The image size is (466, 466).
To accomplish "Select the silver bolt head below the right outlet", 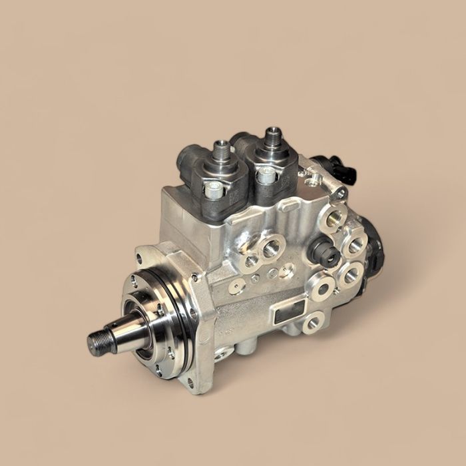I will [266, 175].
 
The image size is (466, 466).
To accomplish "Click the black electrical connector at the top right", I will [342, 170].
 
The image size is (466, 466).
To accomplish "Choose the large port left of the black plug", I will [271, 249].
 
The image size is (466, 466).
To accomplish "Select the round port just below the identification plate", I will [312, 324].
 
